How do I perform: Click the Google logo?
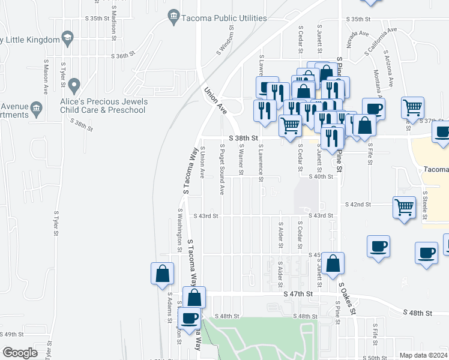coord(19,353)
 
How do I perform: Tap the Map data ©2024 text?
coord(423,355)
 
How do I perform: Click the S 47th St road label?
coord(298,294)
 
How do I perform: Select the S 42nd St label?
coord(358,205)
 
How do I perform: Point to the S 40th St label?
coord(321,176)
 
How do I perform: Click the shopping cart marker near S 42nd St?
coord(404,207)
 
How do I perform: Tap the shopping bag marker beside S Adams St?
coord(162,274)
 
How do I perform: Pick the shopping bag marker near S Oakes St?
coord(332,263)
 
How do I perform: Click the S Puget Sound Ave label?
coord(222,169)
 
